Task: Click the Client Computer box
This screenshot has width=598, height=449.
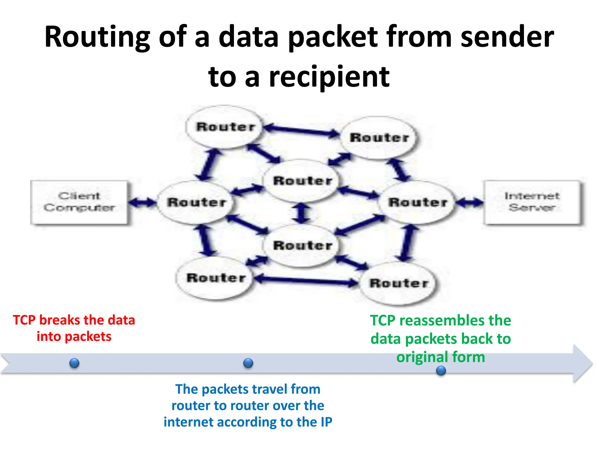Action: pos(79,202)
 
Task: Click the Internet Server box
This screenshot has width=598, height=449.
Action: pos(532,202)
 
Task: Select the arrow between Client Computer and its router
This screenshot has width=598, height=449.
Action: pos(142,202)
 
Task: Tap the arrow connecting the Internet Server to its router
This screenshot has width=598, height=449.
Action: pos(469,202)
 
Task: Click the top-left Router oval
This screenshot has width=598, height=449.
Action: pos(225,127)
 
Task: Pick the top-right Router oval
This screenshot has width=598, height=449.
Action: pos(379,138)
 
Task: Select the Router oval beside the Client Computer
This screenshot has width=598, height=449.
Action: pos(196,202)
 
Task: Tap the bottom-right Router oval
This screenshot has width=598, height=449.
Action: pos(398,283)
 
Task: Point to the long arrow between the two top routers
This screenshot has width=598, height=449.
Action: pos(301,131)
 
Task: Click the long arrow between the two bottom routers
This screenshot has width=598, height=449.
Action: pos(306,280)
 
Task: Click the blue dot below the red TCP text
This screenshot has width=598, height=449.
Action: pos(74,363)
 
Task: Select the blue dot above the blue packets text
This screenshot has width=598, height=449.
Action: pos(248,363)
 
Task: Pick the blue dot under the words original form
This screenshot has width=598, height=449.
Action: pos(441,371)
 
